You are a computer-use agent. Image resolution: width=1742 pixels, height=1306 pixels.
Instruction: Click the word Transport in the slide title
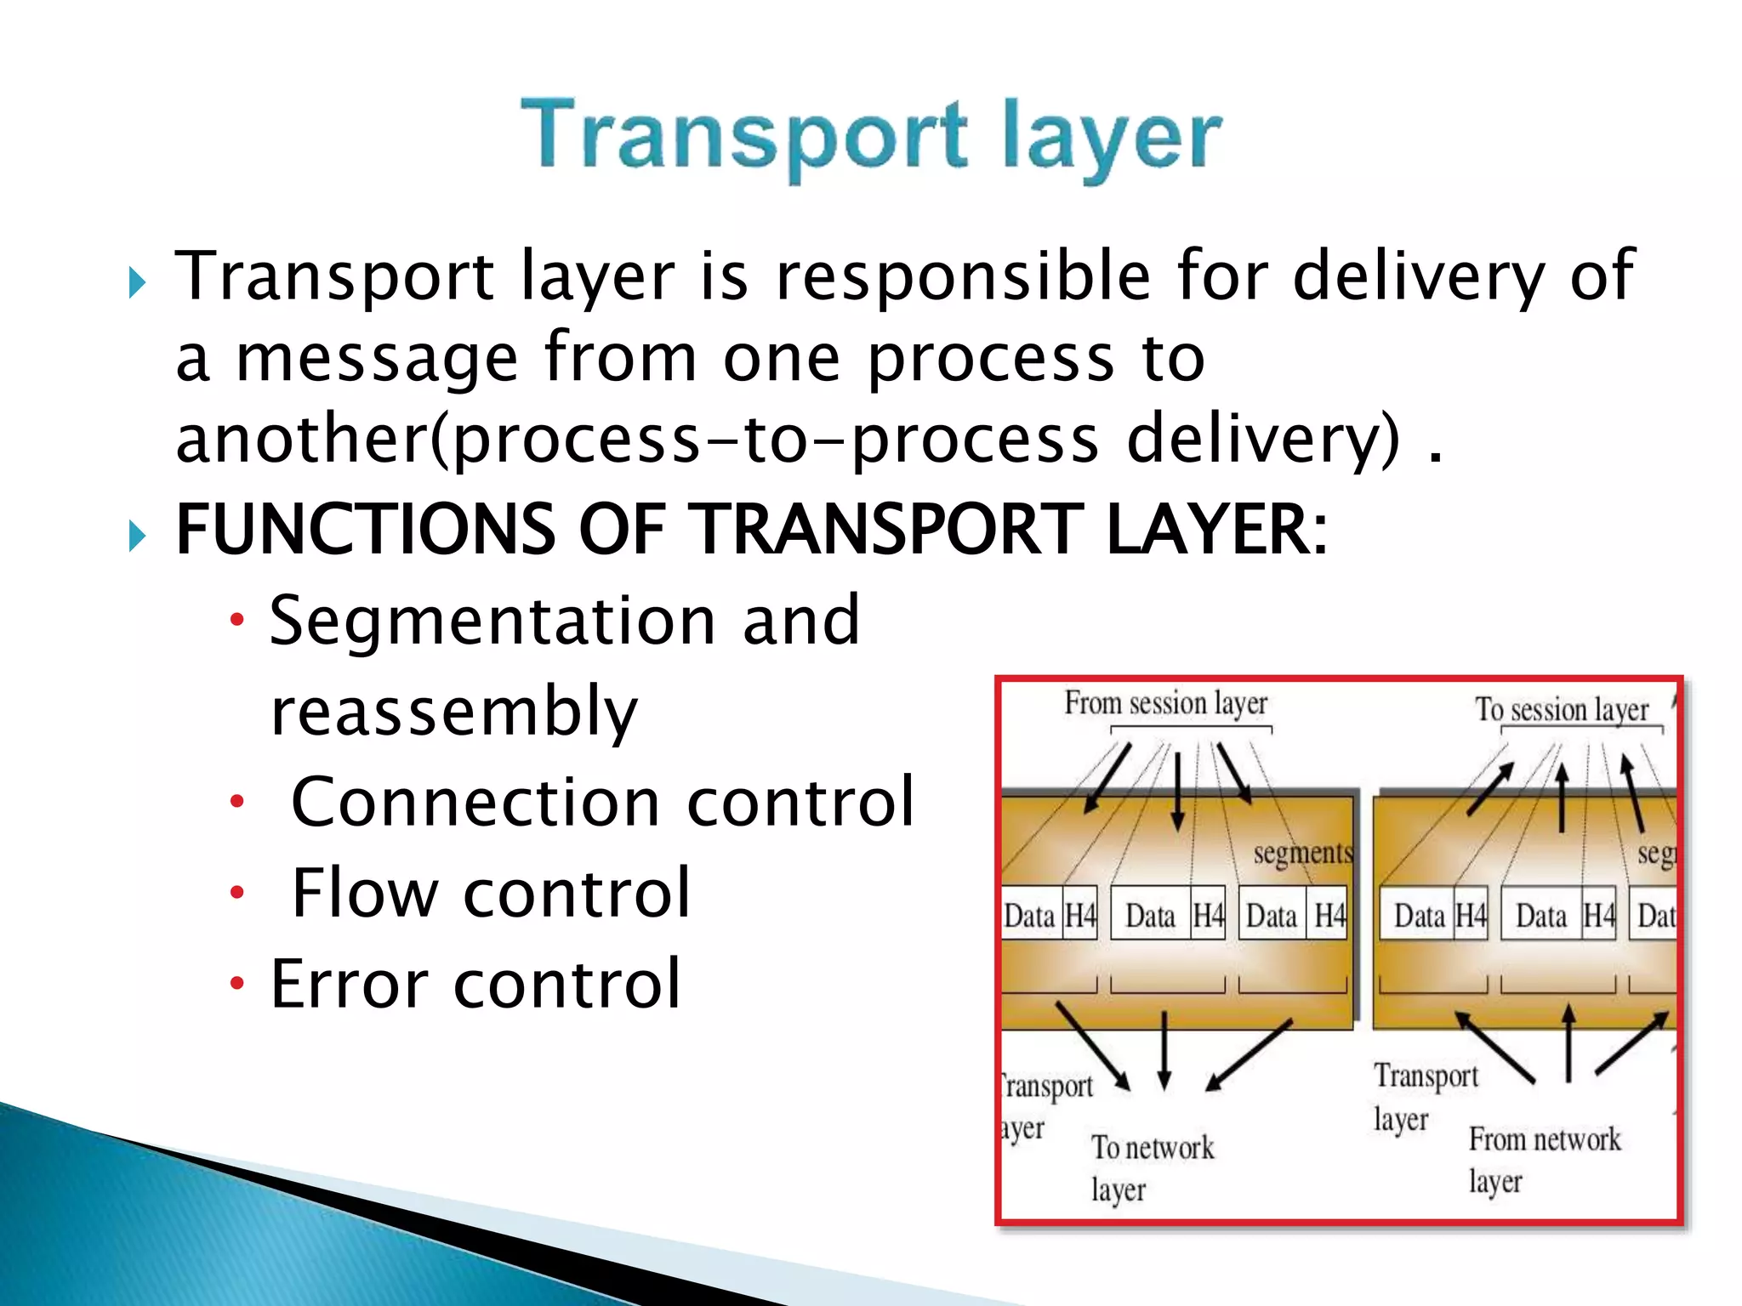click(x=743, y=136)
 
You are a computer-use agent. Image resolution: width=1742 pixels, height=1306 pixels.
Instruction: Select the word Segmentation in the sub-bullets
click(x=492, y=621)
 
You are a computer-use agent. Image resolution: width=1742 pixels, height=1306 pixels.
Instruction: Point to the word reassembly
click(x=453, y=712)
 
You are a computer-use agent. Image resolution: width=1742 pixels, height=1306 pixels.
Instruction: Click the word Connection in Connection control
click(x=475, y=802)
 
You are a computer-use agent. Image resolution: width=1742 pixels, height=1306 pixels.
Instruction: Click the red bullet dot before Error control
click(x=237, y=984)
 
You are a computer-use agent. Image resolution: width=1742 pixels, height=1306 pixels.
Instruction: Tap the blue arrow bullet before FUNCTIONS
click(x=138, y=536)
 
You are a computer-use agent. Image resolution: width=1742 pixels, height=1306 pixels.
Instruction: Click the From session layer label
click(x=1165, y=704)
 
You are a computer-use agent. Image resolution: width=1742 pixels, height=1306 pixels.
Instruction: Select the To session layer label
click(x=1562, y=709)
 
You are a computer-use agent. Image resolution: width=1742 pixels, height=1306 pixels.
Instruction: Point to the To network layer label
click(x=1152, y=1167)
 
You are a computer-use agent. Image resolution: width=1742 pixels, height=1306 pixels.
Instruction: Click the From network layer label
click(x=1543, y=1158)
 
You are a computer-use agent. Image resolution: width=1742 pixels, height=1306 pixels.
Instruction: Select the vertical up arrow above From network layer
click(x=1568, y=1042)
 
